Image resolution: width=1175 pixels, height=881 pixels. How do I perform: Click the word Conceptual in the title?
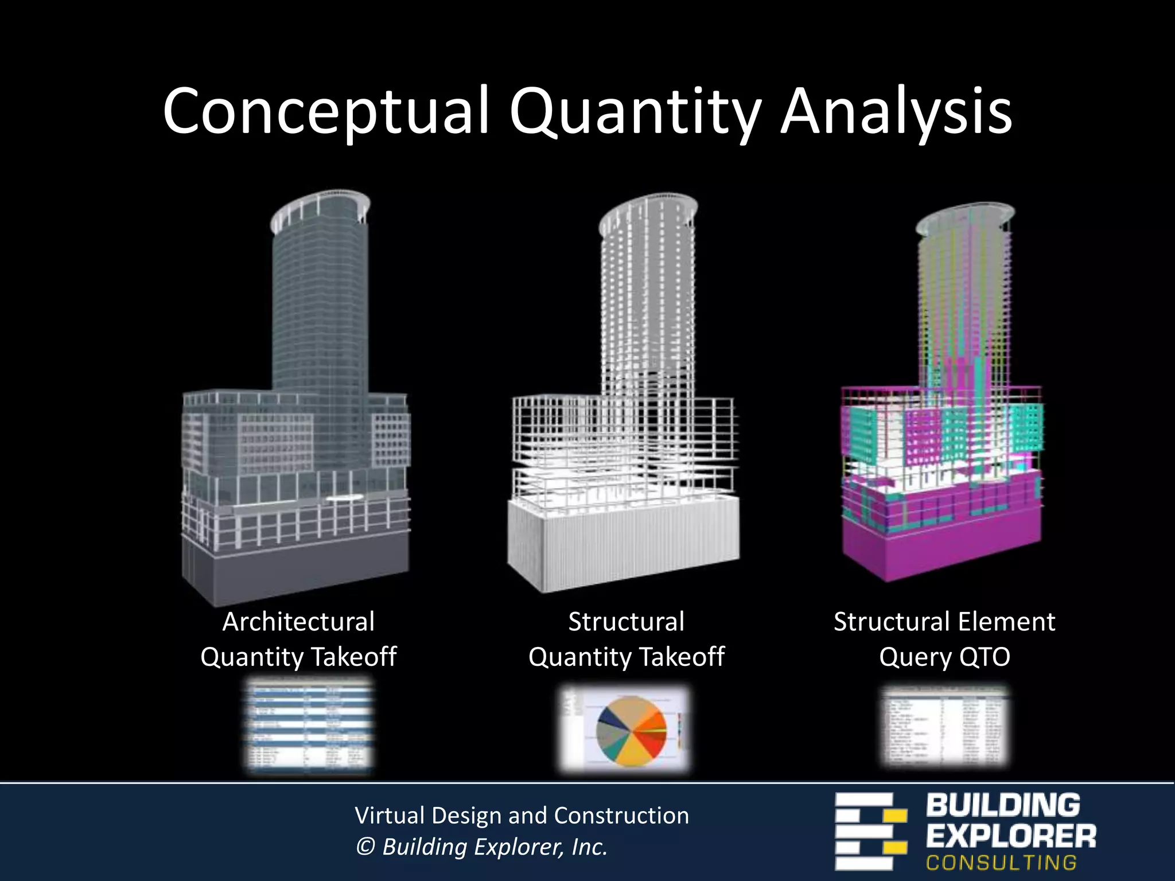point(325,112)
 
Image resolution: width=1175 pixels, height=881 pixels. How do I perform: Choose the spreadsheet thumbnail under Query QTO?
point(944,726)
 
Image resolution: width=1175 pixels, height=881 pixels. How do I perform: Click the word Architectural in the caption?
point(298,622)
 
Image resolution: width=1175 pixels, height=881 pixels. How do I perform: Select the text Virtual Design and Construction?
point(522,815)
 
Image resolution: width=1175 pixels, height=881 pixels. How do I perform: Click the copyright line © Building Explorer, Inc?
point(481,847)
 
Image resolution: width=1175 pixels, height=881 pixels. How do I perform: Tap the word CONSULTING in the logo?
point(1001,863)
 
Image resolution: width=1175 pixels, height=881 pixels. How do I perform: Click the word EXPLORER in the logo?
point(1010,836)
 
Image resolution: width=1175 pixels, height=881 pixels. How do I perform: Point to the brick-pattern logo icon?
point(870,831)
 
